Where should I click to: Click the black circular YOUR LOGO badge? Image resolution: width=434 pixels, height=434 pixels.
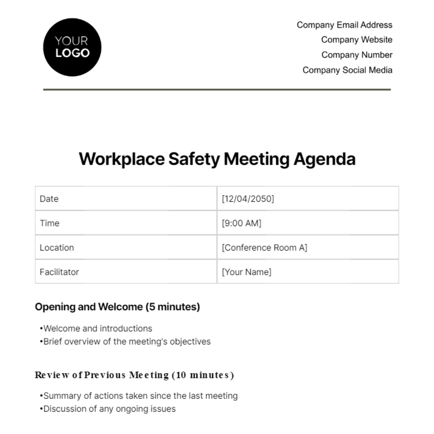(x=72, y=47)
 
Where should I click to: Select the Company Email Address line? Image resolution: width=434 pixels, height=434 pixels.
(x=344, y=25)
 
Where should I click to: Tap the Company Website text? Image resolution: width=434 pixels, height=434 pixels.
(x=357, y=40)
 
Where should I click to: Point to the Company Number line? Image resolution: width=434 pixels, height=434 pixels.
(x=357, y=55)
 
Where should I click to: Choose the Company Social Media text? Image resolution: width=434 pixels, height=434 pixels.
(x=347, y=70)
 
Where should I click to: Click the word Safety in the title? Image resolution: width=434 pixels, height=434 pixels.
(x=194, y=159)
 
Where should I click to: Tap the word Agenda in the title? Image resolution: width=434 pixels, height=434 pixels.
(x=324, y=159)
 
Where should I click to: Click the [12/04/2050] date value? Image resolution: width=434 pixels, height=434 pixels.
(x=248, y=199)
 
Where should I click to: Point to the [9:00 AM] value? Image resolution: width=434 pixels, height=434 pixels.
(x=241, y=223)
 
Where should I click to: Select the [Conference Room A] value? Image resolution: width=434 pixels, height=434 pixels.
(x=264, y=248)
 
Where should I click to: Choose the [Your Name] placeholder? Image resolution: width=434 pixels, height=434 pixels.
(x=246, y=272)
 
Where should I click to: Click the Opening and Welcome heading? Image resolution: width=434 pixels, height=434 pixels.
(x=117, y=307)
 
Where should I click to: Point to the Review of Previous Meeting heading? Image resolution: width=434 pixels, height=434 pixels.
(x=134, y=375)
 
